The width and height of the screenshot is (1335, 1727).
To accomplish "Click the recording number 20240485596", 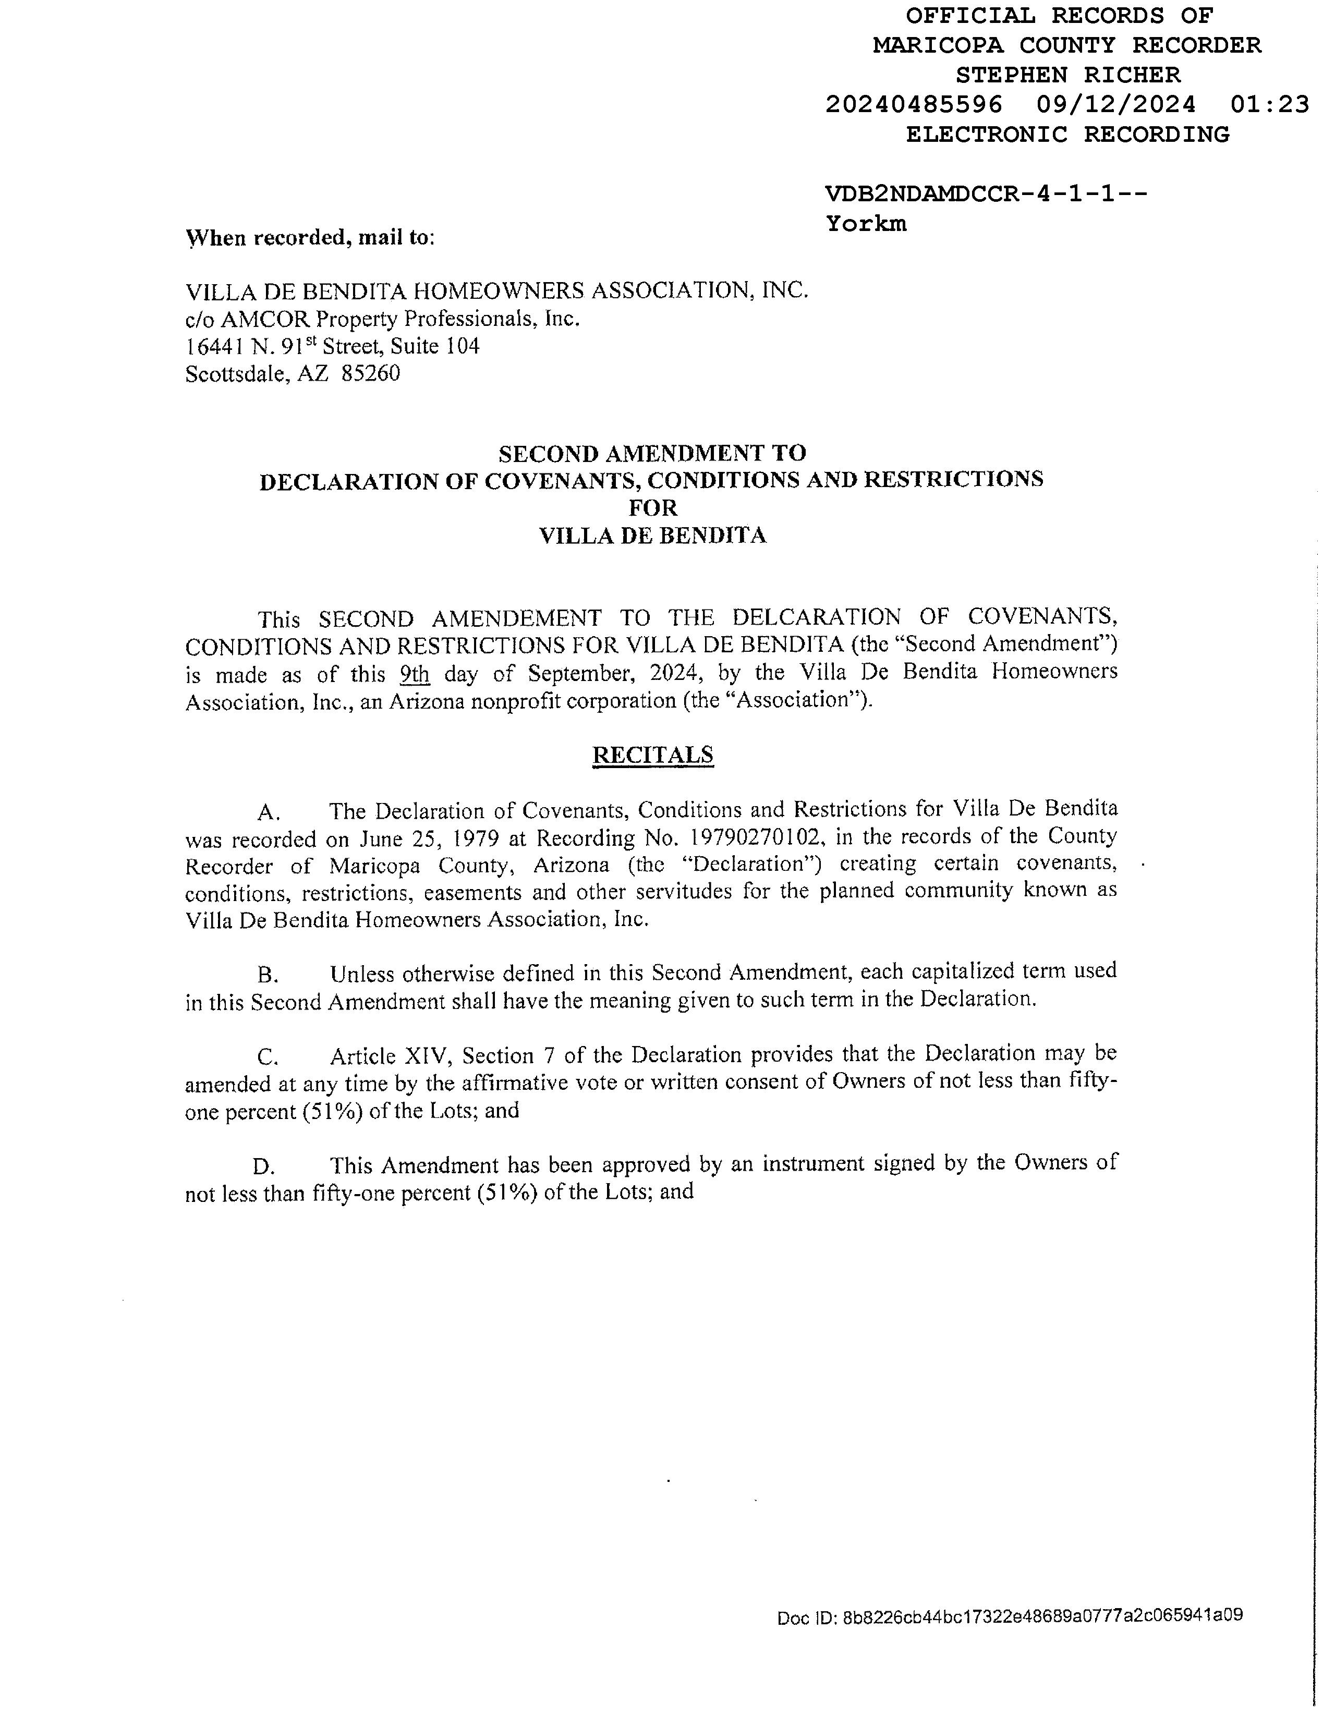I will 914,104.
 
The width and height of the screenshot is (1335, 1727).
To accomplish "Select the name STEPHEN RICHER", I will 1067,75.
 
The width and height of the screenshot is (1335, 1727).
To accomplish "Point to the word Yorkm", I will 866,224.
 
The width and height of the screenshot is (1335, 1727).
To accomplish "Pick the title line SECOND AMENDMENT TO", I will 652,453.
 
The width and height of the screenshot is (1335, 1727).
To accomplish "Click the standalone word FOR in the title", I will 652,508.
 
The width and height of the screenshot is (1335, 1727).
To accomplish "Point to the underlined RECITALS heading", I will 652,755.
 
